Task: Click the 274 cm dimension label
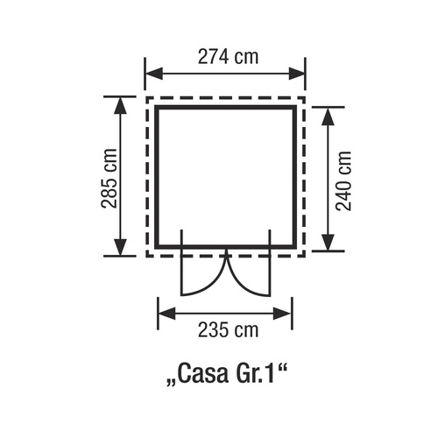tap(229, 57)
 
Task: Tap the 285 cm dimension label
tap(109, 178)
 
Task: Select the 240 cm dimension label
tap(343, 180)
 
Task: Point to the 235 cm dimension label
tap(229, 330)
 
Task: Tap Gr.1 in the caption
tap(254, 374)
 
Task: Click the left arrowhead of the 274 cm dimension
tap(154, 74)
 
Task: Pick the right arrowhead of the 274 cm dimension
tap(297, 74)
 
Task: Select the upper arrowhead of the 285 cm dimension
tap(120, 104)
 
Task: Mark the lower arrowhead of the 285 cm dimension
tap(120, 247)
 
